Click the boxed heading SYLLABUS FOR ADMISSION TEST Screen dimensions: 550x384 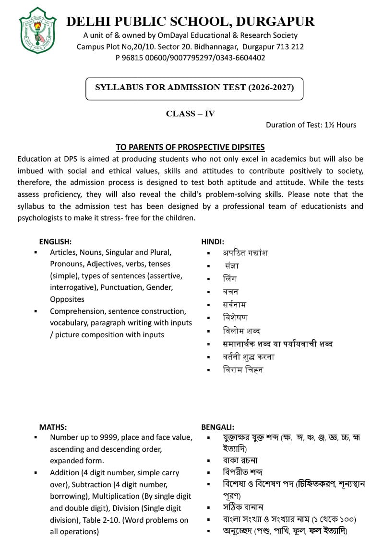194,88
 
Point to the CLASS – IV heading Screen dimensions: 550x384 190,114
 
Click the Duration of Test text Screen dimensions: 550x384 311,125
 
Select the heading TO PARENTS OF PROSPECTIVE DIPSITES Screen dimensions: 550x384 190,147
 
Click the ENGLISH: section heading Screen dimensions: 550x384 55,241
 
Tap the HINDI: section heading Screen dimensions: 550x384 213,241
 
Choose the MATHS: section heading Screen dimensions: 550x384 53,426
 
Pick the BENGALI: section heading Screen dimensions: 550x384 217,426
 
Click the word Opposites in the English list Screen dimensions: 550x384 67,299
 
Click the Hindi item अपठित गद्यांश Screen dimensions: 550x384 245,252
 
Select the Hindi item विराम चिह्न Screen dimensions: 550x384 243,369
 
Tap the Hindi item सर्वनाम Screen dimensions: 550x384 234,304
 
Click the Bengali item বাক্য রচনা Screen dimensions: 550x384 240,460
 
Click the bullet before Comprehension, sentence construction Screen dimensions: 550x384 36,311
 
